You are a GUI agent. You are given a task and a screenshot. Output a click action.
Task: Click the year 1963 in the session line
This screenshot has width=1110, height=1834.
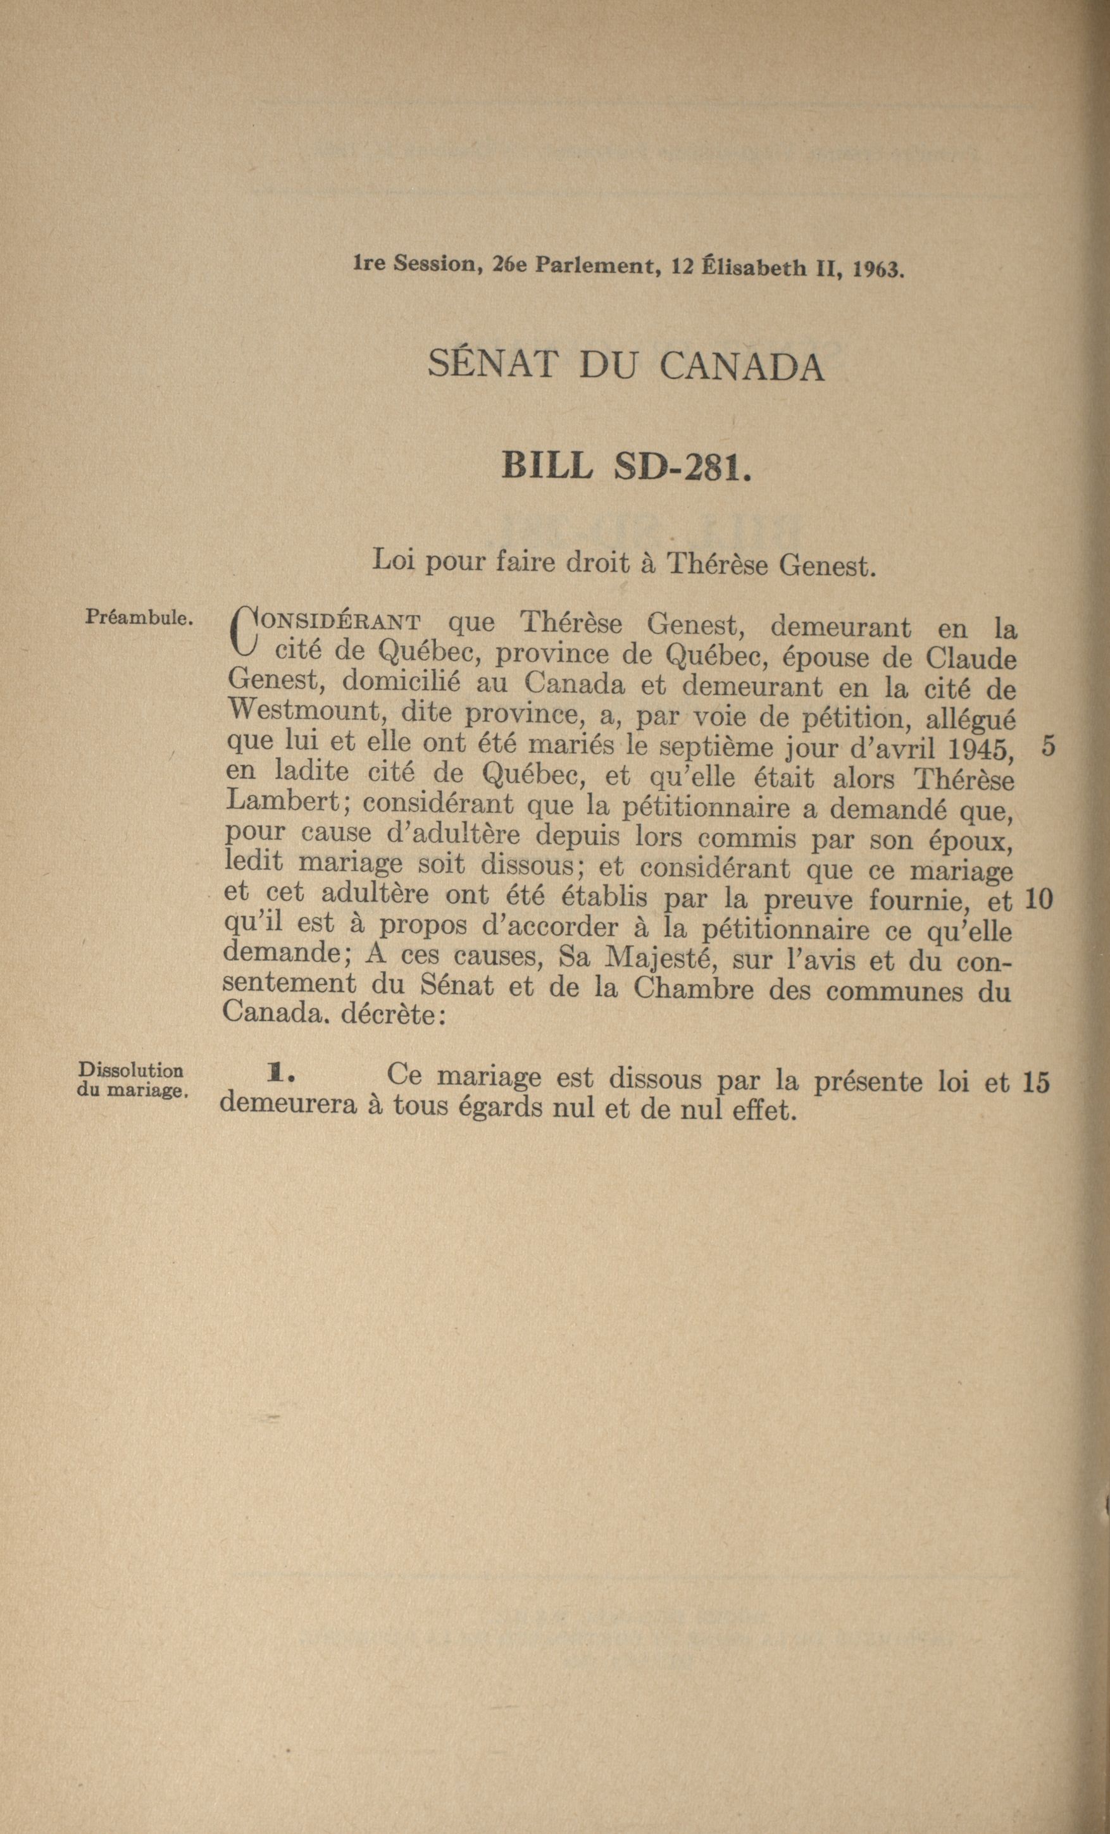click(878, 269)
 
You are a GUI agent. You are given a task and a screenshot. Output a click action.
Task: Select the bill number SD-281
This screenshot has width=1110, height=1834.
click(681, 467)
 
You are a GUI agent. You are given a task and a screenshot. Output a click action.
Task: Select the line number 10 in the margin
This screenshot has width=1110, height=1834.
click(1038, 900)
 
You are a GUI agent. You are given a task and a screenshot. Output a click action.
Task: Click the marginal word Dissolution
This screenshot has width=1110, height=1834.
click(131, 1070)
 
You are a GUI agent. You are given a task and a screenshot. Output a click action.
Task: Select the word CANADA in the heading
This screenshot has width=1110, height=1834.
click(742, 367)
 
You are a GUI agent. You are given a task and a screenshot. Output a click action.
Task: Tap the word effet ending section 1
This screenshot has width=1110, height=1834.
click(755, 1110)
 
